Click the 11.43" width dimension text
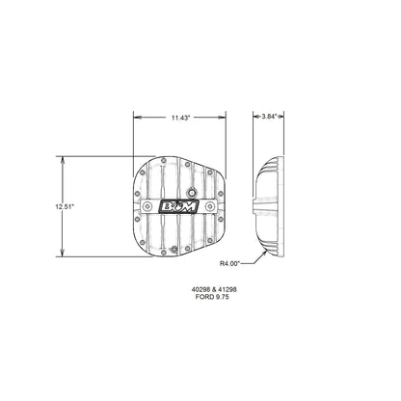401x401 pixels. click(180, 117)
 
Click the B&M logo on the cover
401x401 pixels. click(180, 207)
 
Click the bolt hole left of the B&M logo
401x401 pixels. click(150, 207)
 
